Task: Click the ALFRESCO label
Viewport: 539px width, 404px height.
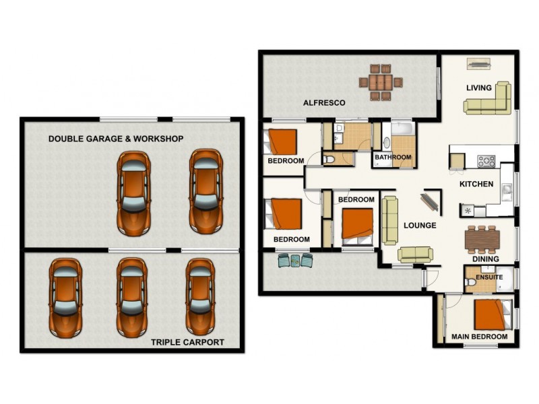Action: pyautogui.click(x=324, y=103)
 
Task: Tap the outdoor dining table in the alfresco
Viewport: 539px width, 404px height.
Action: pyautogui.click(x=380, y=82)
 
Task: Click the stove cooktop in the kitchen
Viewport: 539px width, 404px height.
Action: pyautogui.click(x=486, y=161)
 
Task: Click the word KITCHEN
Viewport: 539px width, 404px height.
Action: pyautogui.click(x=476, y=184)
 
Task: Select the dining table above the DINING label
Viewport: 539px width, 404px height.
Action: pyautogui.click(x=483, y=238)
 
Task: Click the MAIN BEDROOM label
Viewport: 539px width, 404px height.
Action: pyautogui.click(x=479, y=336)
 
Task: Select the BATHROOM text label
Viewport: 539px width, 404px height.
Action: pyautogui.click(x=393, y=158)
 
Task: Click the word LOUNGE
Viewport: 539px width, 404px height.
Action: pyautogui.click(x=420, y=226)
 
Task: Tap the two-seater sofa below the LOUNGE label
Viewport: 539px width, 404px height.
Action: pyautogui.click(x=415, y=254)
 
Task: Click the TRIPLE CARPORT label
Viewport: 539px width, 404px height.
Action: pyautogui.click(x=187, y=342)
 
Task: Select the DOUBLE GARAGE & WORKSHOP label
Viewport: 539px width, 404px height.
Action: pyautogui.click(x=116, y=139)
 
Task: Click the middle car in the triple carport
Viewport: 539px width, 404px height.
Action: pyautogui.click(x=132, y=297)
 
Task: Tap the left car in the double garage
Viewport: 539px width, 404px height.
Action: pyautogui.click(x=133, y=192)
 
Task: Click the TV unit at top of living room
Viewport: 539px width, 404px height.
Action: pyautogui.click(x=479, y=64)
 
